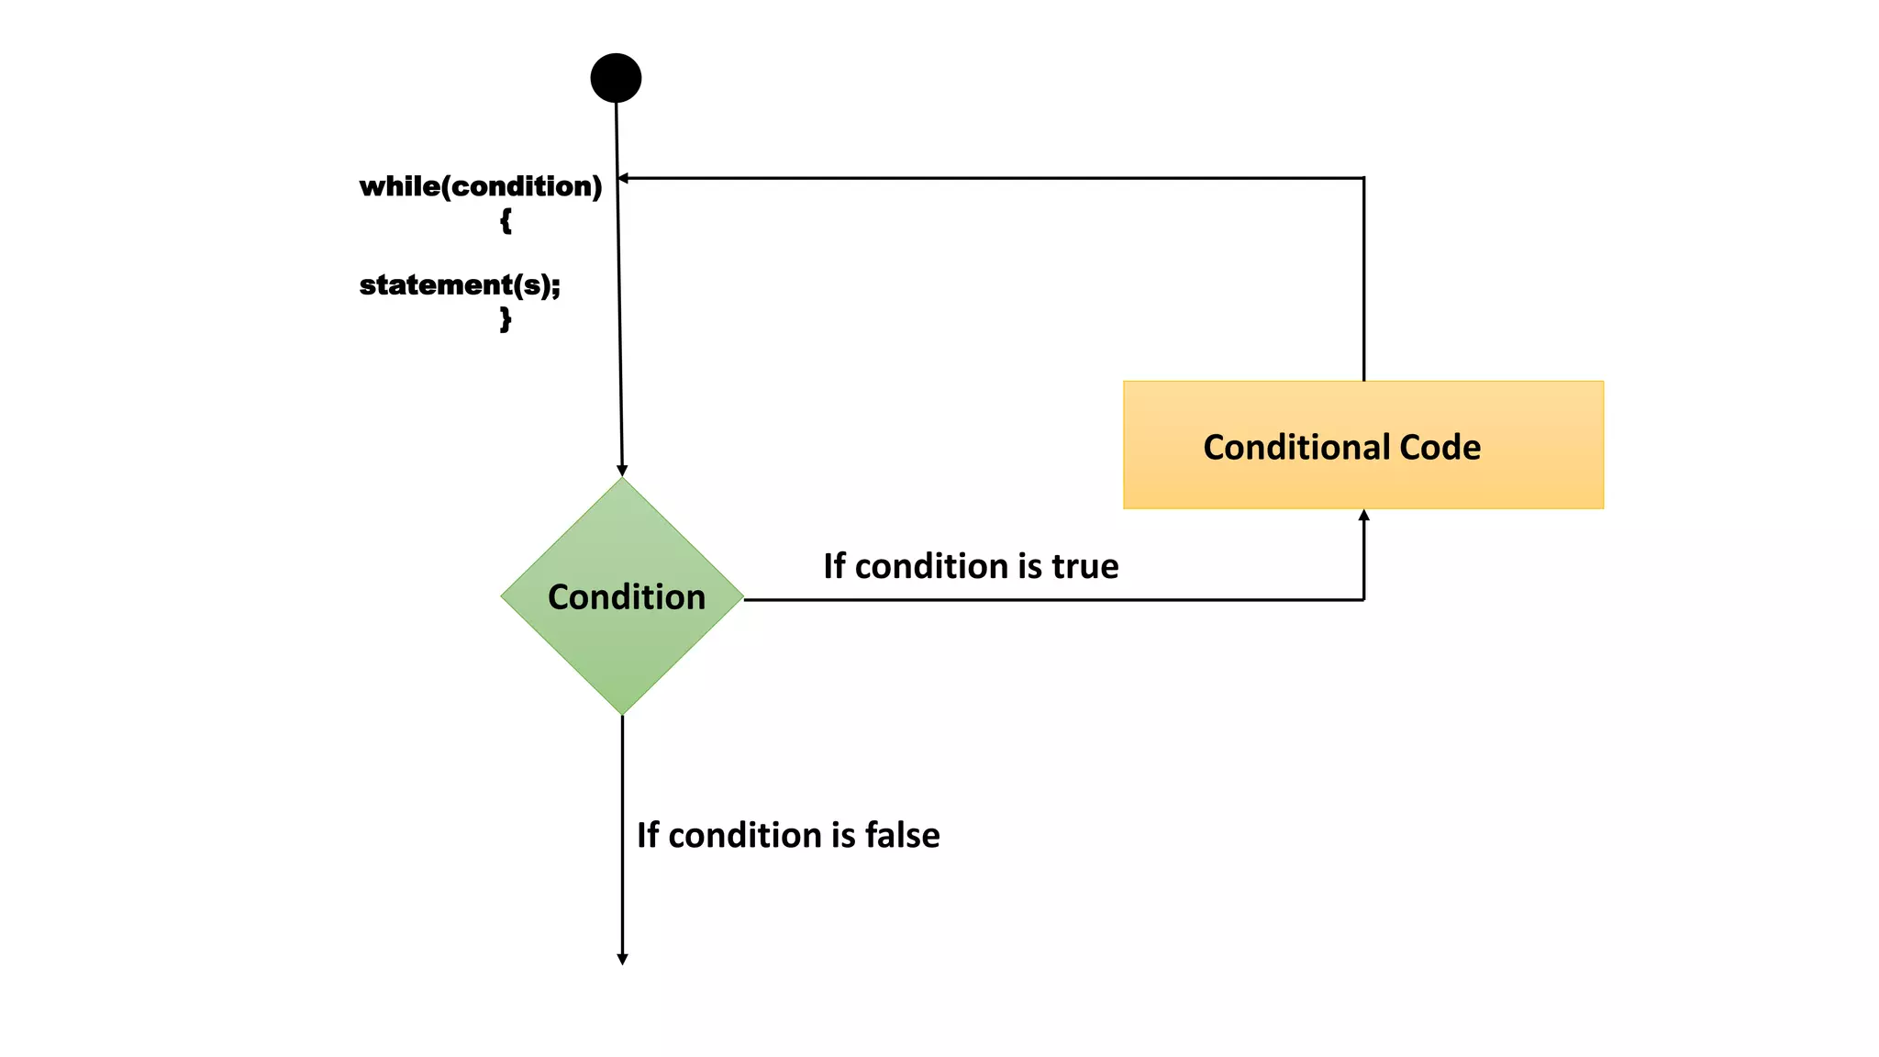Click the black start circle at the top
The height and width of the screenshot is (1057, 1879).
point(616,78)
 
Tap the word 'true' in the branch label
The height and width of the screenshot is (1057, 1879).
point(1085,566)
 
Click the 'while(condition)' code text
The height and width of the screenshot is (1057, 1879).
point(481,186)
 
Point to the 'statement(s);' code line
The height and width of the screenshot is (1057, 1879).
point(460,285)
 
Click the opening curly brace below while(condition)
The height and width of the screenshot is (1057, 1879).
point(506,220)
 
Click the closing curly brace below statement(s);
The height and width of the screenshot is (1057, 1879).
point(506,318)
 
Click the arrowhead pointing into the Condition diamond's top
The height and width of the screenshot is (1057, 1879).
point(622,470)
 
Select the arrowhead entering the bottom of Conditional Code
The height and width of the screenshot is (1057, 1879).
point(1363,516)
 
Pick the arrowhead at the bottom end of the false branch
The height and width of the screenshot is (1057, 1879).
point(622,959)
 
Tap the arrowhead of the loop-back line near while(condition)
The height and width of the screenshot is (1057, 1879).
point(623,178)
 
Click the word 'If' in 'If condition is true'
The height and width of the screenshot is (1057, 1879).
point(834,566)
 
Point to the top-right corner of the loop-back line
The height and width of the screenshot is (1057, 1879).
point(1363,178)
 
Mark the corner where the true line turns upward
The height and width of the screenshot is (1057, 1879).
point(1363,599)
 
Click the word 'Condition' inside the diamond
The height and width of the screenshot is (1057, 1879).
point(627,597)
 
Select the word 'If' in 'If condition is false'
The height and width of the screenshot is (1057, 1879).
point(648,835)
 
